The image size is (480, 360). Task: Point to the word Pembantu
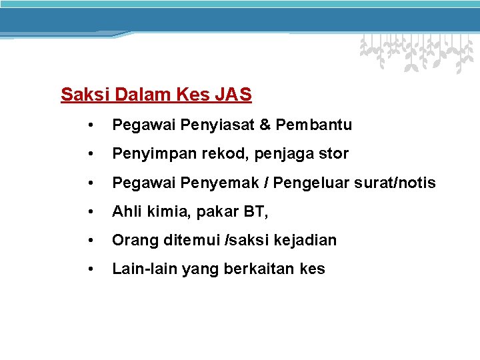pos(313,125)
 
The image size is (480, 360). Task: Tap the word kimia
pos(163,212)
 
